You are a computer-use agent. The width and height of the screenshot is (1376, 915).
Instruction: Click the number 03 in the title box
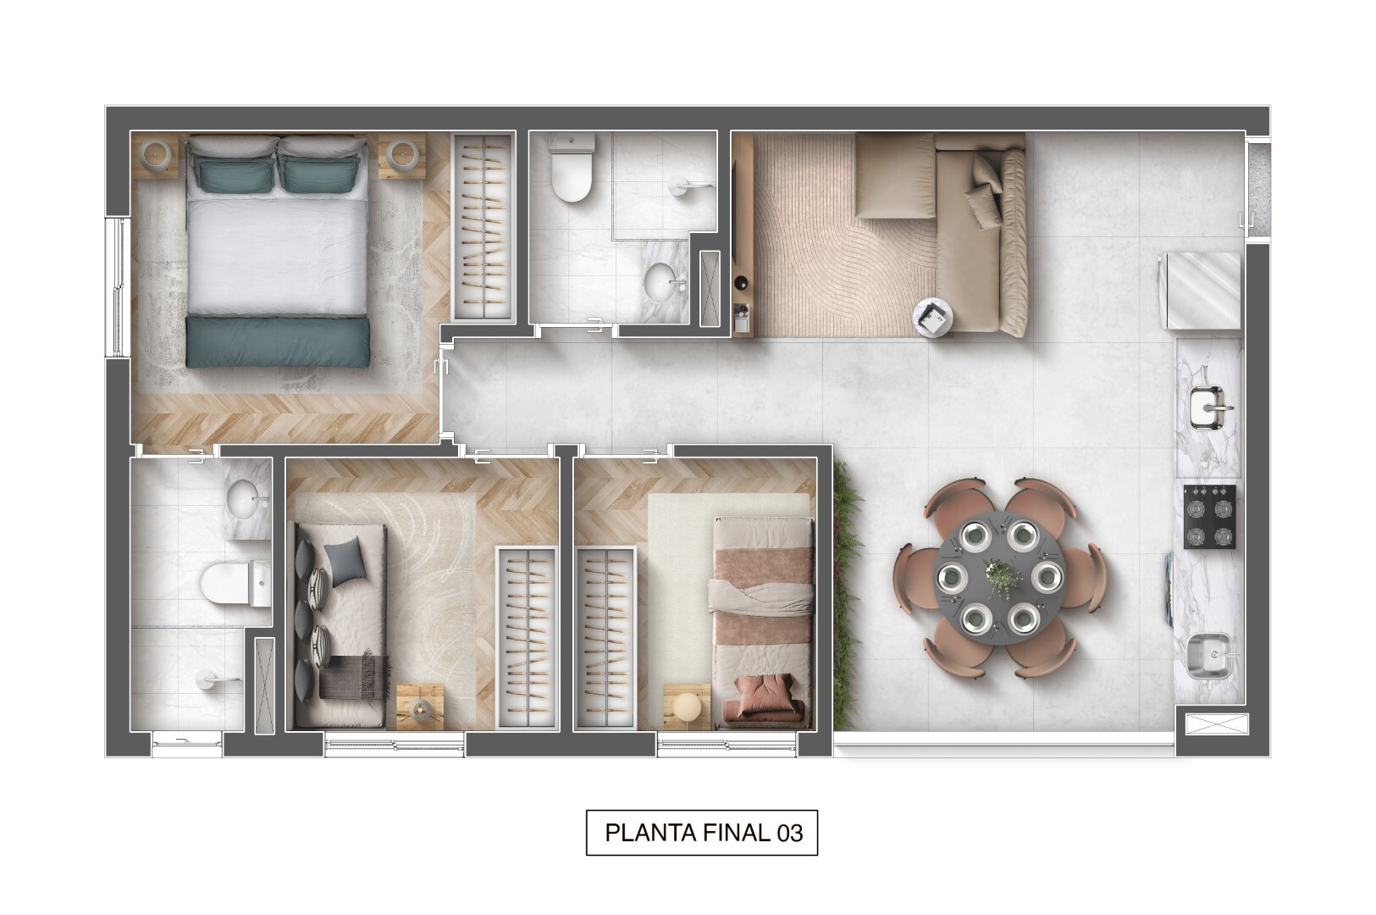[x=789, y=833]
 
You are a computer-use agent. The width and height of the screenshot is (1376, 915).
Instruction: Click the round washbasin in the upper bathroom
[x=660, y=282]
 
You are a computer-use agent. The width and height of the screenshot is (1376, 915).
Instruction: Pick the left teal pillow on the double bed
[x=234, y=174]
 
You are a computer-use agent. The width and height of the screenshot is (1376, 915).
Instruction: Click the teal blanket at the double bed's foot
[x=278, y=341]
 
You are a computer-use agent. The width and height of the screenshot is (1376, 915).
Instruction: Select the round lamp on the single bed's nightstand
[x=687, y=706]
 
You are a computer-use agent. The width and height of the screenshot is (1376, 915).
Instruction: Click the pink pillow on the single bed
[x=761, y=693]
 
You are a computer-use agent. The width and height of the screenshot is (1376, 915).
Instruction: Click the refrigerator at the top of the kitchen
[x=1201, y=291]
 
